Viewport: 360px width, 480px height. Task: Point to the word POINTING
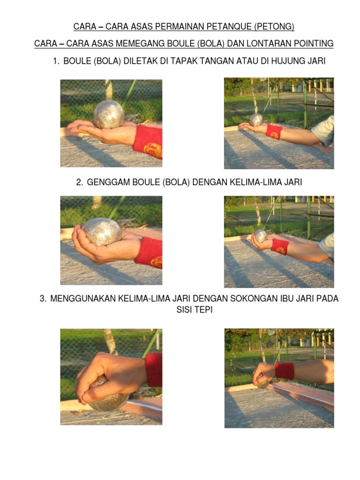(314, 44)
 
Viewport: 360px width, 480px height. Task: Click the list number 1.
(56, 61)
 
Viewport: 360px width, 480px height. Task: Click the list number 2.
(80, 182)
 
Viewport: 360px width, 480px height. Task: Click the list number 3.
(43, 299)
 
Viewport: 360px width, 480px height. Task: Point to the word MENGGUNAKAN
(82, 299)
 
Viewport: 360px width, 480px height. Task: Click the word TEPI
(203, 310)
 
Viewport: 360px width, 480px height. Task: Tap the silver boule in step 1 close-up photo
(109, 114)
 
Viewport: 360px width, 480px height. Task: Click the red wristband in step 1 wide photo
(274, 132)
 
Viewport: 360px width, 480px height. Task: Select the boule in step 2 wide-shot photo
(260, 236)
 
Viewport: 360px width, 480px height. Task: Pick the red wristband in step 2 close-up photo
(149, 253)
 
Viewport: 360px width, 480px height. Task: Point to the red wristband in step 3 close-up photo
(154, 370)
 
